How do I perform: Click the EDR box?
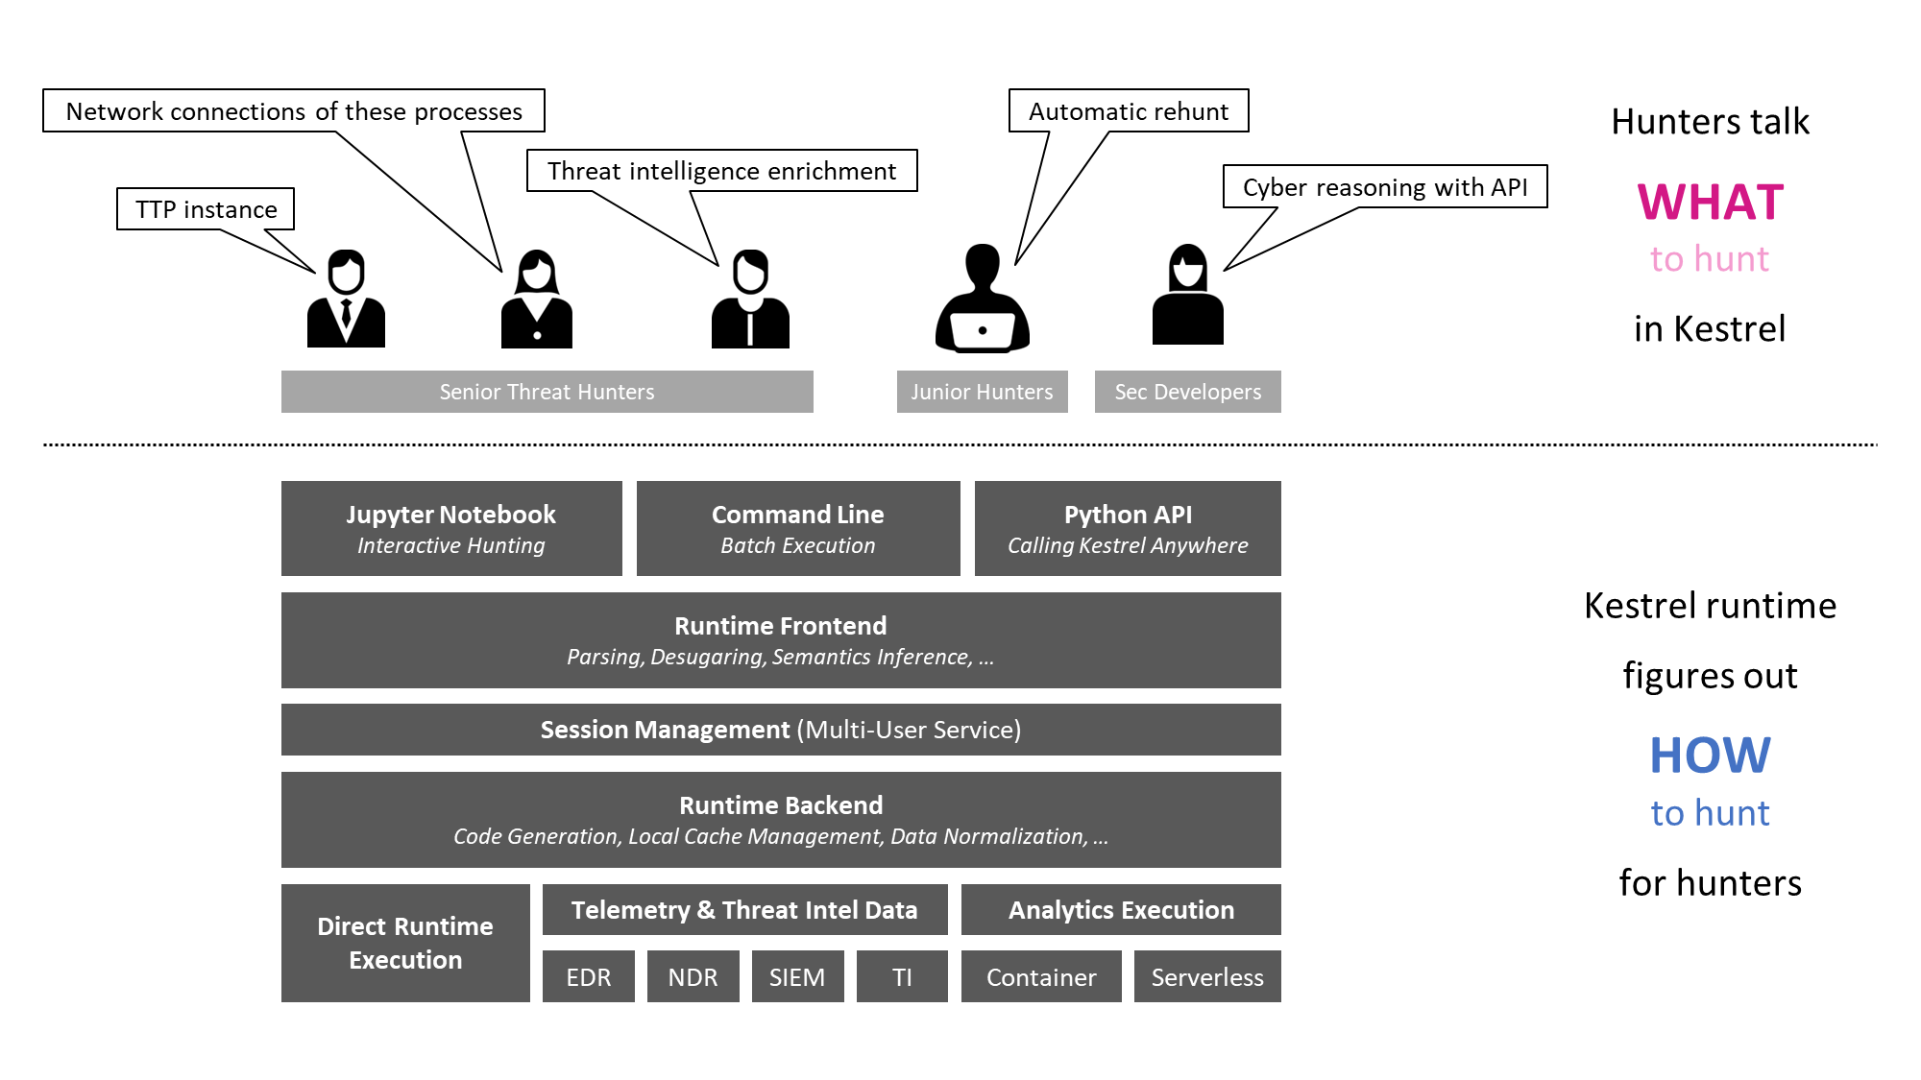[x=588, y=976]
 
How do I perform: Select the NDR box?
[x=693, y=976]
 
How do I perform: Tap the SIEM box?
[x=797, y=976]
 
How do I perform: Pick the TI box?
[x=902, y=976]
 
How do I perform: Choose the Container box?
[x=1041, y=976]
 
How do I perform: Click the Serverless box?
[x=1207, y=976]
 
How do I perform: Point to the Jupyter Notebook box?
[x=451, y=528]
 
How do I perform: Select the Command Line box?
[x=798, y=528]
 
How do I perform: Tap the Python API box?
[x=1128, y=528]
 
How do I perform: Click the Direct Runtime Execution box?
[x=405, y=943]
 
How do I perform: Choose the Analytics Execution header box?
[x=1121, y=909]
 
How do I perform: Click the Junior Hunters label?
[x=982, y=392]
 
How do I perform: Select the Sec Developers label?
[x=1188, y=392]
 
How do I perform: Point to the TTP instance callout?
[x=206, y=209]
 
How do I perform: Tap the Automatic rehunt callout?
[x=1129, y=111]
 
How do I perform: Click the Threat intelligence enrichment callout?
[x=722, y=171]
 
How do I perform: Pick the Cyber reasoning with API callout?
[x=1385, y=187]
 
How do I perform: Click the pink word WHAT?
[x=1711, y=203]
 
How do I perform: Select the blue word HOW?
[x=1711, y=756]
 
